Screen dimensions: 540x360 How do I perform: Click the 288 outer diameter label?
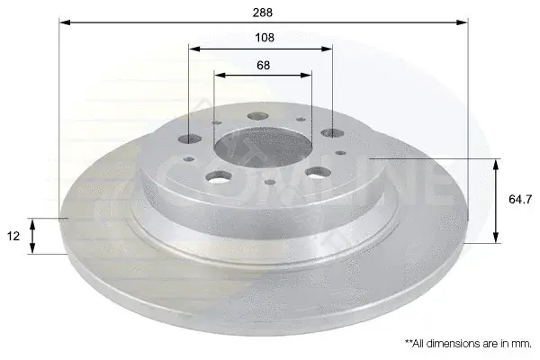tap(263, 13)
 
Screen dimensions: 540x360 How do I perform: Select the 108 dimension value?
tap(265, 37)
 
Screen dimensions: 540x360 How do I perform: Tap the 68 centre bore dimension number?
tap(263, 65)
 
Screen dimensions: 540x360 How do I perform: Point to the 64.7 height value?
tap(520, 199)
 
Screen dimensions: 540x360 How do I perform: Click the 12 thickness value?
tap(13, 236)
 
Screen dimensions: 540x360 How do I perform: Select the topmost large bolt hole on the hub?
tap(258, 116)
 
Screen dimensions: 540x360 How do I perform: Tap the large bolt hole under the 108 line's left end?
tap(189, 139)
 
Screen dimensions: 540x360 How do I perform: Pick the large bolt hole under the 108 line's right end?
tap(333, 133)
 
